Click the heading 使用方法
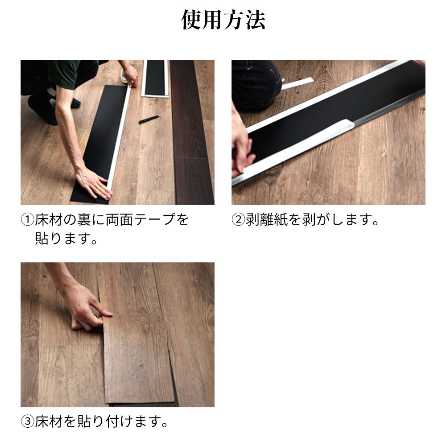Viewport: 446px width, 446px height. pos(223,20)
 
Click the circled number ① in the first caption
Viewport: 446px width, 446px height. pos(28,219)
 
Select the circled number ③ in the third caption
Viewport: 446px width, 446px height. pos(28,421)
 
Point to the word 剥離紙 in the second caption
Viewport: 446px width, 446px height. pos(267,219)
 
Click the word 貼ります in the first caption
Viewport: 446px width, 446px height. pos(63,238)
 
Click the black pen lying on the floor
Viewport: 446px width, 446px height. pos(150,119)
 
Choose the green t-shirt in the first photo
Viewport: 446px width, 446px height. pos(63,73)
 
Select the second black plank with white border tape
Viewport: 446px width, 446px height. pos(155,78)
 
